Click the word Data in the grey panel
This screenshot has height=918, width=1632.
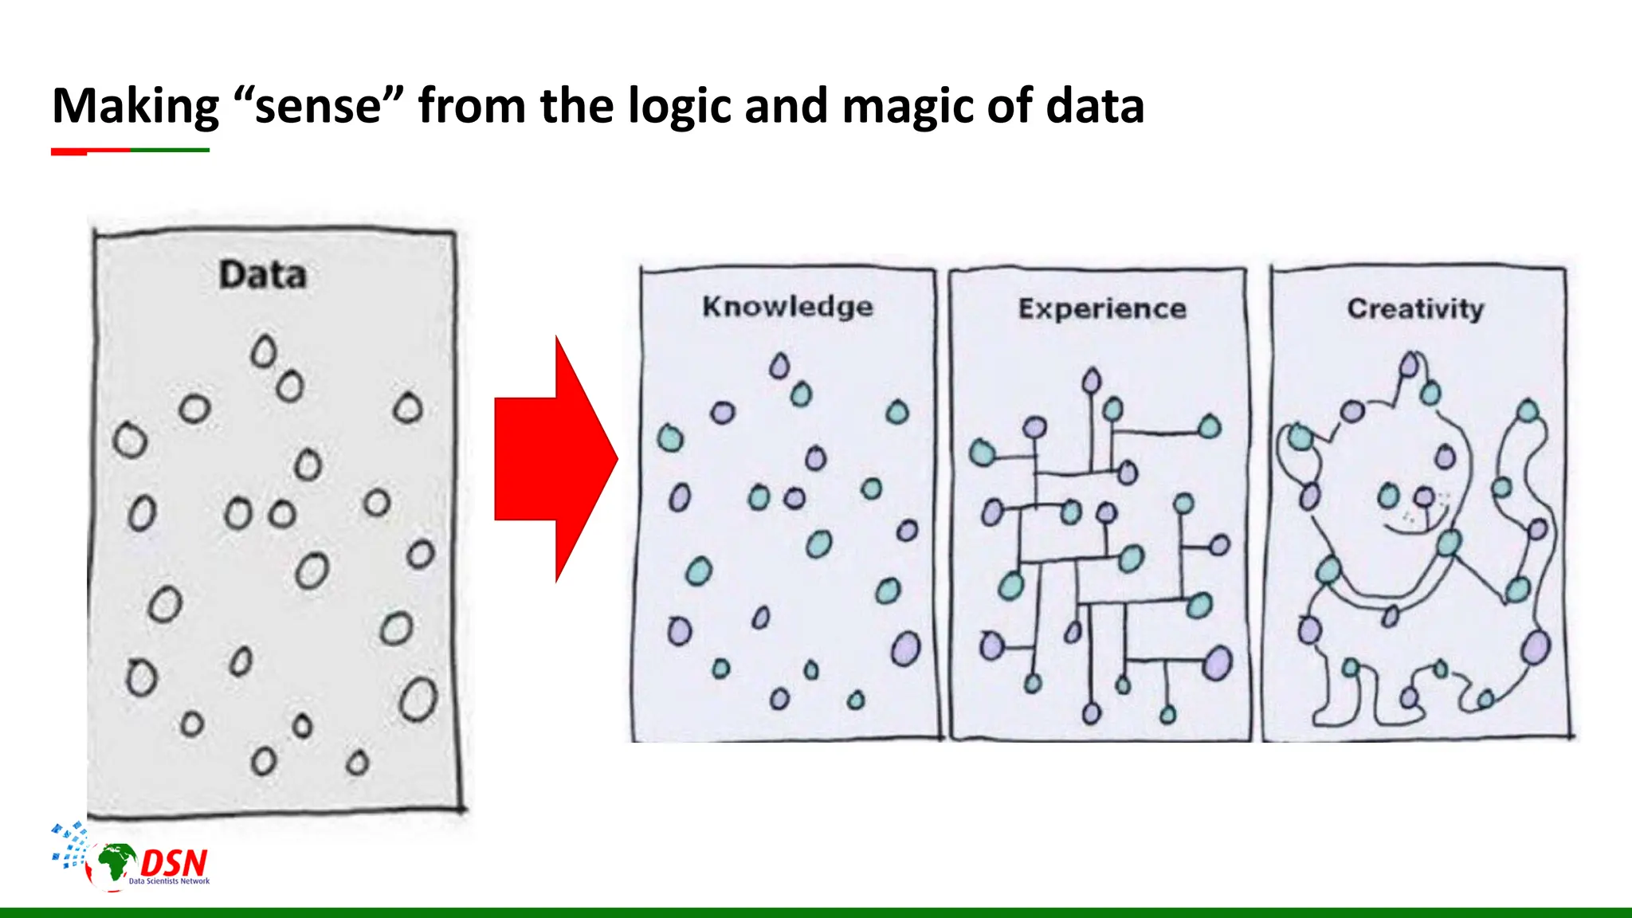click(262, 275)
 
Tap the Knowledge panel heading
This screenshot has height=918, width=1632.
click(787, 307)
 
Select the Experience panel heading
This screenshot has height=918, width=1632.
click(1102, 308)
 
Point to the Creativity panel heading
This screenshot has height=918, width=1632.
click(1415, 308)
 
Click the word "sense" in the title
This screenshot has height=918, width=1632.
click(319, 106)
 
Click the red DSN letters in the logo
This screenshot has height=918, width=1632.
click(174, 862)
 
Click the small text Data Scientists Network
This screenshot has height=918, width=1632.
click(169, 881)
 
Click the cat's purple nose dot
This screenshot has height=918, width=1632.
click(1423, 498)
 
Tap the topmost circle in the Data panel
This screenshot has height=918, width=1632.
click(263, 351)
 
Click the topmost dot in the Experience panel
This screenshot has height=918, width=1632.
click(1091, 380)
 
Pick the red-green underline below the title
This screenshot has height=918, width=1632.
click(130, 150)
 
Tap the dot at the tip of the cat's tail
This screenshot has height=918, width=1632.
click(1528, 411)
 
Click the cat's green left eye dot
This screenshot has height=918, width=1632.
click(1388, 496)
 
